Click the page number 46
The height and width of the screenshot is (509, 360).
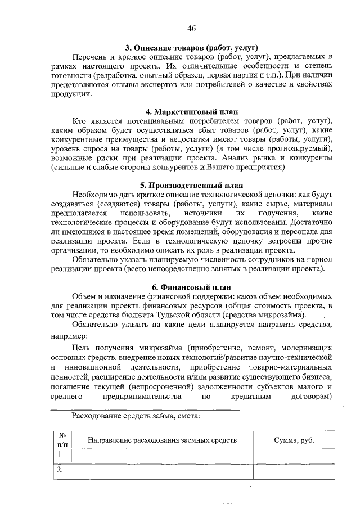pyautogui.click(x=191, y=29)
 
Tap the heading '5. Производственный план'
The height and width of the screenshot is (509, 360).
pyautogui.click(x=191, y=184)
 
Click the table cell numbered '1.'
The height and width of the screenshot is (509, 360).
pyautogui.click(x=61, y=456)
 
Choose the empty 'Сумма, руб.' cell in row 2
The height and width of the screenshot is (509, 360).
pyautogui.click(x=294, y=471)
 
